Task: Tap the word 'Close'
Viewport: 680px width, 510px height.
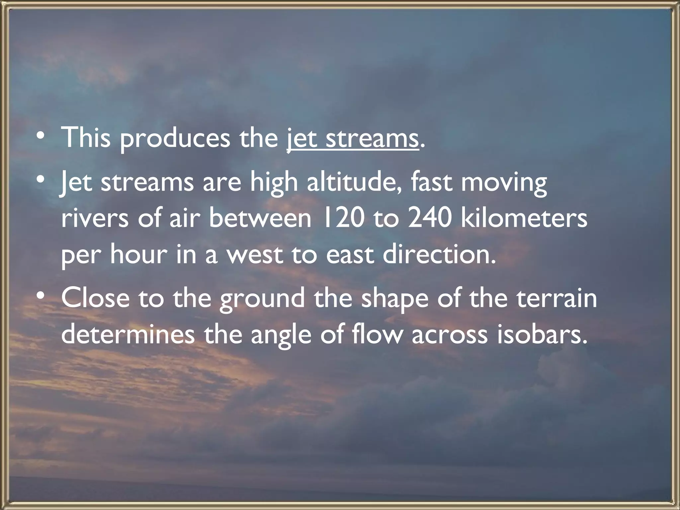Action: pos(95,297)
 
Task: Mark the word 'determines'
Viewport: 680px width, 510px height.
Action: pos(128,334)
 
